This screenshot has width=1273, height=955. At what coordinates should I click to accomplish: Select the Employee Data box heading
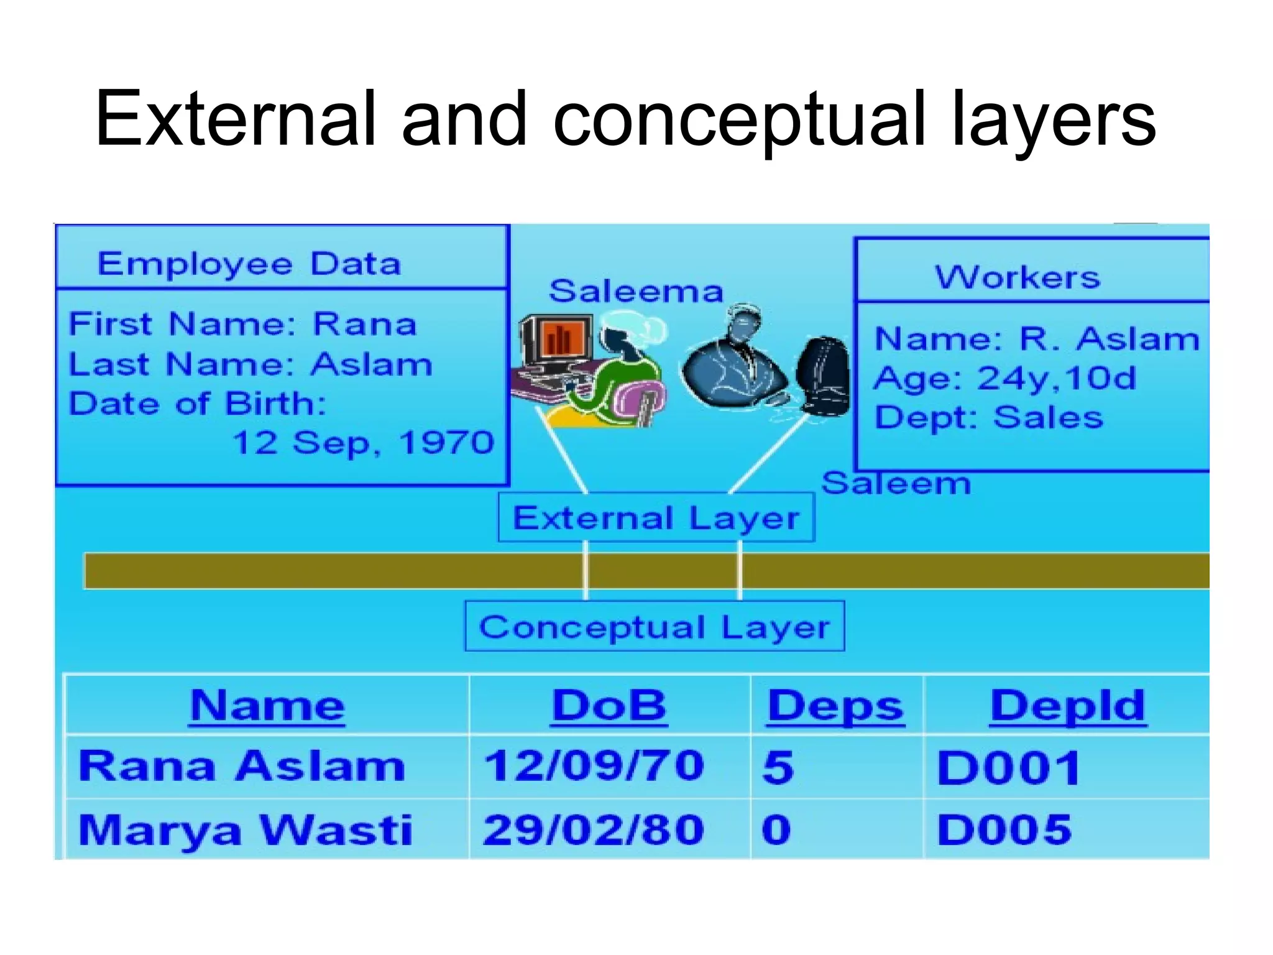tap(249, 264)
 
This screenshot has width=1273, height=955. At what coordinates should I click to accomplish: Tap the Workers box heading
tap(1017, 277)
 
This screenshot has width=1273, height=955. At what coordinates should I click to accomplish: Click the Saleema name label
tap(636, 291)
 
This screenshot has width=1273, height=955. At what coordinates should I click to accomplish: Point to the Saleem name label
tap(896, 484)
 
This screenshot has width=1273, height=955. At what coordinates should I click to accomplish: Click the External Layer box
tap(656, 518)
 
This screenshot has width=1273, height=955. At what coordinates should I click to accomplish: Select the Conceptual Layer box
tap(655, 626)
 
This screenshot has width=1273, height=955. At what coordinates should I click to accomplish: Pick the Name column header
tap(267, 706)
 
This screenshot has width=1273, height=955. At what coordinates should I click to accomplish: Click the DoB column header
tap(609, 706)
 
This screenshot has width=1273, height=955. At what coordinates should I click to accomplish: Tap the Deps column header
tap(835, 706)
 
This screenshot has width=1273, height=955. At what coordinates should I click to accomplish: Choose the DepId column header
tap(1067, 706)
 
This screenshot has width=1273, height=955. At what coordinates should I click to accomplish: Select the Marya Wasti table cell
tap(245, 830)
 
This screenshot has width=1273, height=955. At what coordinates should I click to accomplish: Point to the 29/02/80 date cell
tap(594, 830)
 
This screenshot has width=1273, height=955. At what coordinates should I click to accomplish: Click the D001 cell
tap(1008, 768)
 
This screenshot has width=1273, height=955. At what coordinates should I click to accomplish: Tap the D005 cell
tap(1004, 830)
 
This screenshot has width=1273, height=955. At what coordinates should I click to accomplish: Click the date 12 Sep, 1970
tap(363, 443)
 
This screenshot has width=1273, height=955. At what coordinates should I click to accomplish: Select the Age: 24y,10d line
tap(1004, 378)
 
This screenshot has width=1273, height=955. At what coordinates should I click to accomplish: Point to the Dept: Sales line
tap(988, 417)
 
